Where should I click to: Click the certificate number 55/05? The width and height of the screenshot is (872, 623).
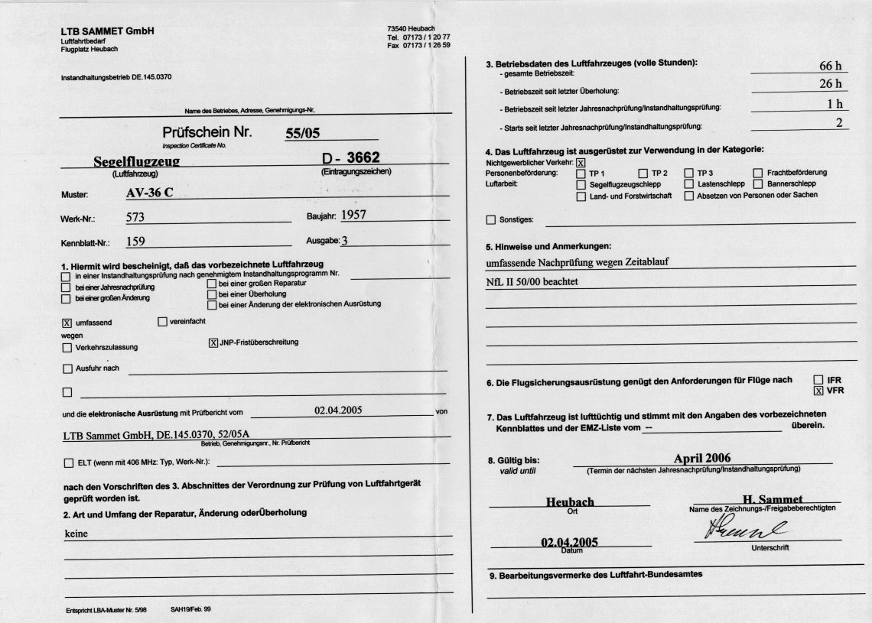[302, 133]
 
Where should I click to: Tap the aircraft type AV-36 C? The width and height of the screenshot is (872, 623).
[149, 192]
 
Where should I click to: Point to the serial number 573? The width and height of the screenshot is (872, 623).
[135, 217]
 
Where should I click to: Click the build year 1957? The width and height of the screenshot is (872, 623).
[353, 215]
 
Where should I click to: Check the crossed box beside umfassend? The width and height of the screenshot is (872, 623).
[67, 323]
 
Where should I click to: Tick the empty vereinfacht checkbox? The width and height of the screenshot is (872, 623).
[162, 322]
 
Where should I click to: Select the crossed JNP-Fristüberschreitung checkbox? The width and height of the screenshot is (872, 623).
[213, 342]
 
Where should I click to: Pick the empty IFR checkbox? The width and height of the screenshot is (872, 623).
[818, 380]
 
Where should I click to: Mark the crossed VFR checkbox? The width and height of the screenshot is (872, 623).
[818, 391]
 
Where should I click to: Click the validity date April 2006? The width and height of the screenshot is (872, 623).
[702, 458]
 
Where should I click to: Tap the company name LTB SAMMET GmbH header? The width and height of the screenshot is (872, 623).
[108, 31]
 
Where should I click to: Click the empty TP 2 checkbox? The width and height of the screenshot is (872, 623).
[643, 174]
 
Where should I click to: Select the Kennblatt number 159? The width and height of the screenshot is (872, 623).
[135, 242]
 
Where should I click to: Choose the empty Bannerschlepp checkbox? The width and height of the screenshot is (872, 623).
[759, 184]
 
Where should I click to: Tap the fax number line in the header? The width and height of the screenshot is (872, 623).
[418, 45]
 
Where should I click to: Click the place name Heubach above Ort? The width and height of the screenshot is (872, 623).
[570, 502]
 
